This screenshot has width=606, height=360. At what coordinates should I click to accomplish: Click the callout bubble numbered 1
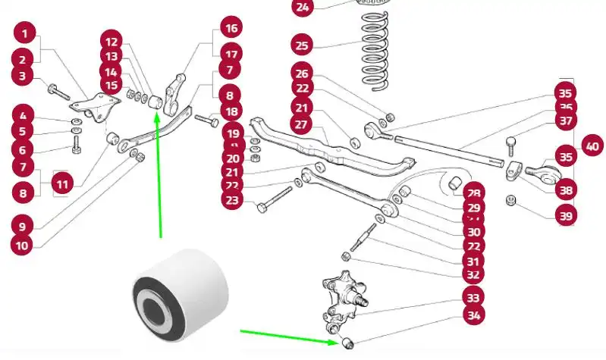click(x=25, y=33)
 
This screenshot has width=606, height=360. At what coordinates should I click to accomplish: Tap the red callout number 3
click(x=22, y=76)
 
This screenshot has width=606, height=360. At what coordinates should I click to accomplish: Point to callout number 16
click(x=231, y=28)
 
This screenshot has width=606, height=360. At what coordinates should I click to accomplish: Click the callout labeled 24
click(x=303, y=8)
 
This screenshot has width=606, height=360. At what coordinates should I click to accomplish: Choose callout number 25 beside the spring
click(x=303, y=46)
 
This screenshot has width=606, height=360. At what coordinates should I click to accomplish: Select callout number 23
click(x=231, y=200)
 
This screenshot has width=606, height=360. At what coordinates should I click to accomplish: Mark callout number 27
click(x=303, y=124)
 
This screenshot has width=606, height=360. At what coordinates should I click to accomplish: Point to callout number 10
click(x=22, y=245)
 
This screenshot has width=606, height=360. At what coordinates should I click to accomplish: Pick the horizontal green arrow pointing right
click(x=288, y=337)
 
